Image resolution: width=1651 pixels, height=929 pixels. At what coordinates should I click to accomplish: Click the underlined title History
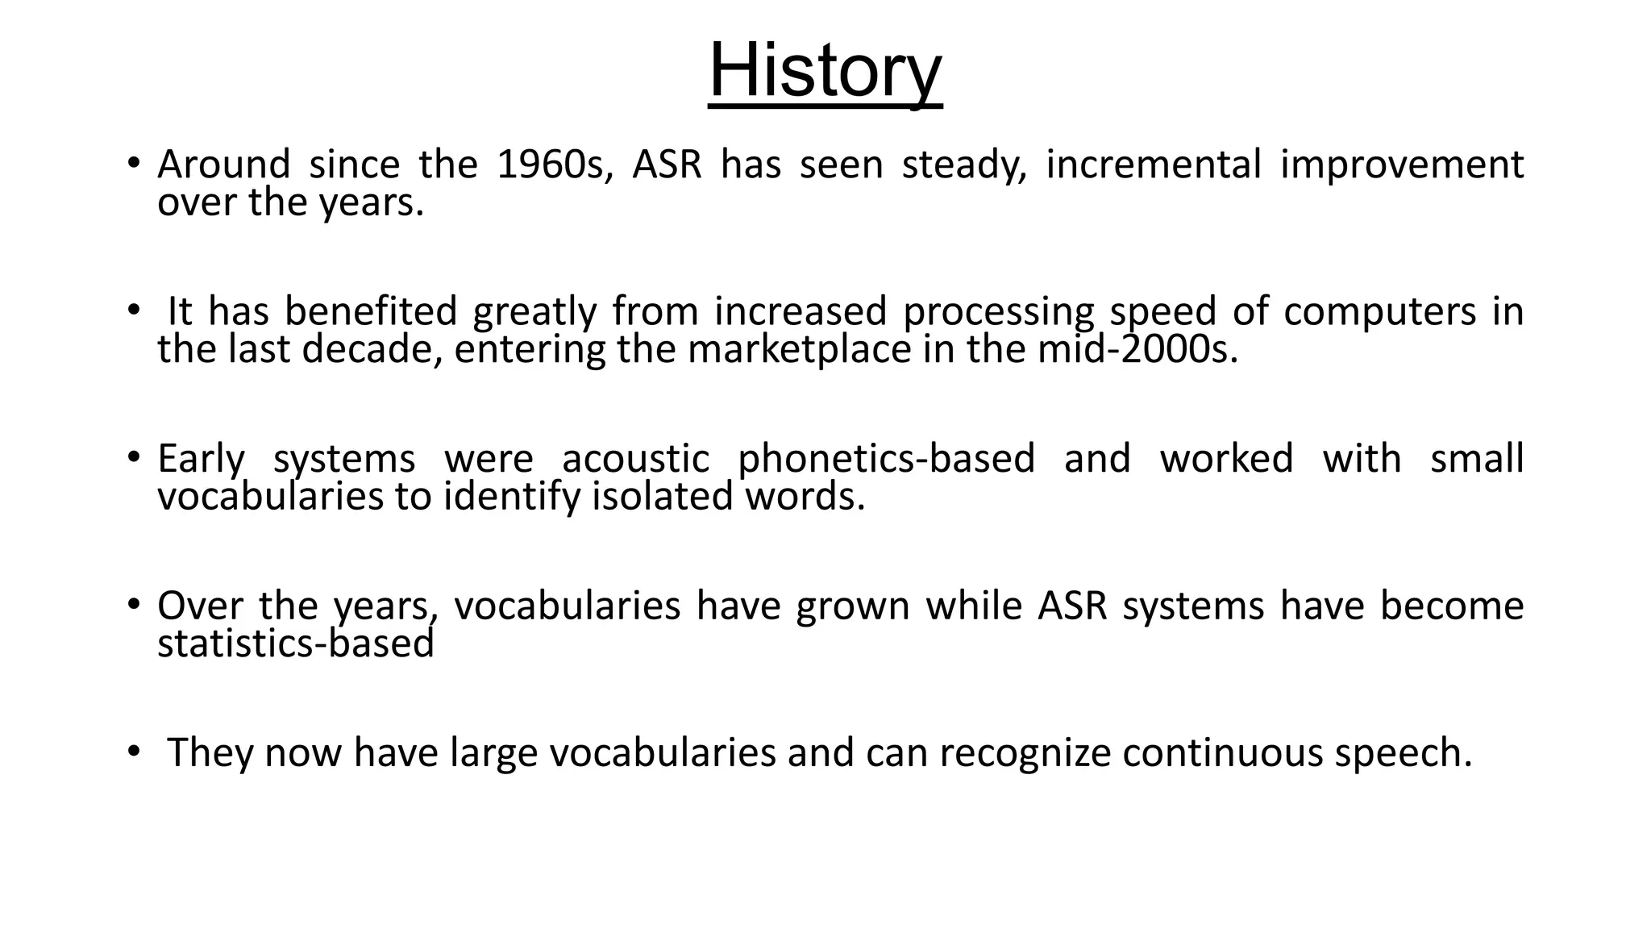(x=825, y=71)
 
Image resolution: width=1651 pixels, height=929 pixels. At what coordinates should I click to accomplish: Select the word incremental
(x=1153, y=165)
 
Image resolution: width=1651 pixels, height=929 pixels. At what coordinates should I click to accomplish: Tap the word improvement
(x=1402, y=165)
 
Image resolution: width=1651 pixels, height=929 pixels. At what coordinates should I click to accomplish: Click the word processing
(x=998, y=313)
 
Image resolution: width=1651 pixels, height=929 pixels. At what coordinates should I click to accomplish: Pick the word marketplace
(x=799, y=350)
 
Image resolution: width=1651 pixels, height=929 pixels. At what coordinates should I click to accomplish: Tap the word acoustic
(x=635, y=459)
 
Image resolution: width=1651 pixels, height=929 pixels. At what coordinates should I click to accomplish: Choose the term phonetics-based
(x=886, y=459)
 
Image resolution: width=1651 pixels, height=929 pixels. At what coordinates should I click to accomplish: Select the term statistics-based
(x=296, y=644)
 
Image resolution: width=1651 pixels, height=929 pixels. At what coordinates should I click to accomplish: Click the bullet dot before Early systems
(x=133, y=457)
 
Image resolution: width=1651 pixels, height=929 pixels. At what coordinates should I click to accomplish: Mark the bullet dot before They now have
(x=133, y=752)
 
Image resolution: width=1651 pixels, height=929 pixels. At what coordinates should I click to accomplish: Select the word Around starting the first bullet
(x=223, y=165)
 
